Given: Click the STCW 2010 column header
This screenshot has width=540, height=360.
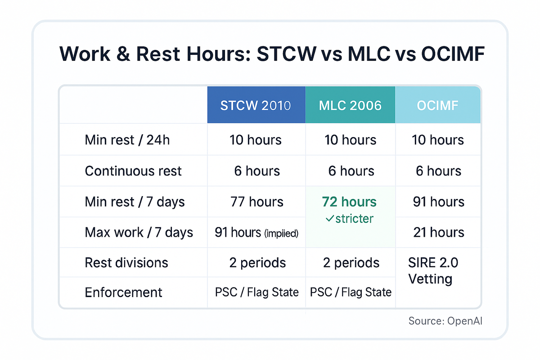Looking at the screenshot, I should pos(256,105).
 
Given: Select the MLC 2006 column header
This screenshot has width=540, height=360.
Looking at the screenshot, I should pos(350,105).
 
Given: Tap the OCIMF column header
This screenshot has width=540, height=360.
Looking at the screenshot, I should pos(437,105).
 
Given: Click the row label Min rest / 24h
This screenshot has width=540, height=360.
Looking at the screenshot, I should pos(127,140).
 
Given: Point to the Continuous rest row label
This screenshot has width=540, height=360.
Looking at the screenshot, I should pos(133,171).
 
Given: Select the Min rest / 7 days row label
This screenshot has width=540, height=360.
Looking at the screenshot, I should pos(135,202).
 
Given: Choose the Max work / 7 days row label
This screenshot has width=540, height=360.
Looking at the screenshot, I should pos(139,232).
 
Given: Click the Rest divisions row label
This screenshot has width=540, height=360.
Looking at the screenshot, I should pos(126,263).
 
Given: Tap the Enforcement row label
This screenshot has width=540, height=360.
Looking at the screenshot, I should pos(123,292).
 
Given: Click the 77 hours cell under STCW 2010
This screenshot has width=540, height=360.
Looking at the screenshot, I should pos(256,202).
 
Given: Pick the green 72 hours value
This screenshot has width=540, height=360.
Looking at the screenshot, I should pos(349,202).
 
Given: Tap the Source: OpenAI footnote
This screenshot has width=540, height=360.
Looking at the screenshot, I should pos(446,321).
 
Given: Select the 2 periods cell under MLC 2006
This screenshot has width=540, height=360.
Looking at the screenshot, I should pos(351,263).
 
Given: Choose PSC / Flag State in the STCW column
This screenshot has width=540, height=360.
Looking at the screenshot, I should pos(256,292).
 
